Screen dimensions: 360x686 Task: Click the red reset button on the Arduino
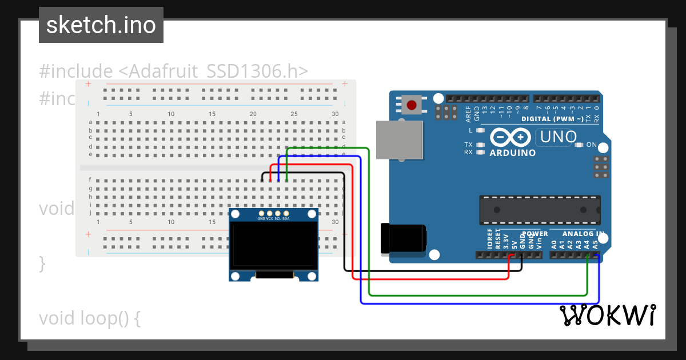411,105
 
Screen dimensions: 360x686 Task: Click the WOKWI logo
607,315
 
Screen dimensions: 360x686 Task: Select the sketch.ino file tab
101,25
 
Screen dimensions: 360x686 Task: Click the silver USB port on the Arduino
399,140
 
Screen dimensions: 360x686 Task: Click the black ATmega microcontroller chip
540,210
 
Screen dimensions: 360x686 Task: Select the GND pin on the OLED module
261,214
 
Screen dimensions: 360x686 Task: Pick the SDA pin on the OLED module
286,214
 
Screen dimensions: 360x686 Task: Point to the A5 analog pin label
595,244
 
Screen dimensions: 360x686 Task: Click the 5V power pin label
514,244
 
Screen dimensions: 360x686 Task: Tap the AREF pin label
469,114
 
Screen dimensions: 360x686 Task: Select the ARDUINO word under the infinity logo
513,153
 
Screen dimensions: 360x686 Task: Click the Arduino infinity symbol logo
510,138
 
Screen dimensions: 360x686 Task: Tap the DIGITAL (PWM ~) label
552,119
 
